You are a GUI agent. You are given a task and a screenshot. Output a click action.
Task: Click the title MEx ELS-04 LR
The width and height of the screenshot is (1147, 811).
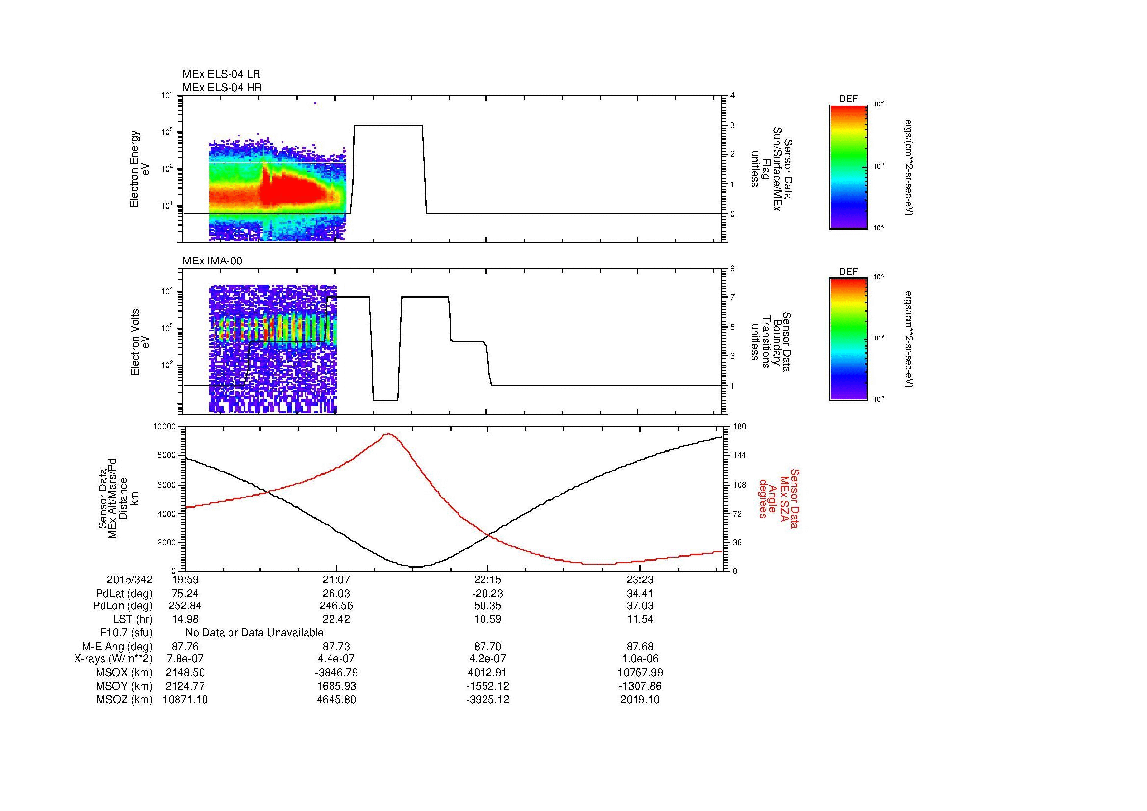click(221, 74)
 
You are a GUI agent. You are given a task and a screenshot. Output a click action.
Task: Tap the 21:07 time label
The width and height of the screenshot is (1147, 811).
click(336, 580)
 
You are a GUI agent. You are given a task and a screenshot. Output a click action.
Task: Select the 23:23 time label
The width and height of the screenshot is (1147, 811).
click(639, 580)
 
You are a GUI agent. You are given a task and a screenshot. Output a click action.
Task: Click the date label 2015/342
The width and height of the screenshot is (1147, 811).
click(129, 580)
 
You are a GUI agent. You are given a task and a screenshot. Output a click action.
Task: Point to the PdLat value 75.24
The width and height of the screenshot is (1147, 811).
click(185, 594)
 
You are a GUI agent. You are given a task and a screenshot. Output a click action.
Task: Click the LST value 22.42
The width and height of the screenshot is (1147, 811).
click(336, 619)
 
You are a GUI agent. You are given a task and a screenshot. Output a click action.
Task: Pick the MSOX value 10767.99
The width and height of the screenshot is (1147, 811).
click(640, 673)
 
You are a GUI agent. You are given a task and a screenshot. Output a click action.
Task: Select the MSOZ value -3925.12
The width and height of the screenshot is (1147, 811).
click(487, 700)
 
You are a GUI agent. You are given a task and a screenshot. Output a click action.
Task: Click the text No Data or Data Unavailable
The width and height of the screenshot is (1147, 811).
click(255, 633)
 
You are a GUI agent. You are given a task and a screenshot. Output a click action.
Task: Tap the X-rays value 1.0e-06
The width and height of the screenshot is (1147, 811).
click(640, 659)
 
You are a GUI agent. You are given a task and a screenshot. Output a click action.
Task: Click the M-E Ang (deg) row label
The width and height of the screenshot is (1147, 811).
click(117, 646)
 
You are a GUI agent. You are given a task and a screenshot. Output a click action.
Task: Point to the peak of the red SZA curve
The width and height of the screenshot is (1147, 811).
click(388, 434)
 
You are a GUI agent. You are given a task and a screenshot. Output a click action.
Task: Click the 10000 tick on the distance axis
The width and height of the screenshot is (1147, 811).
click(164, 427)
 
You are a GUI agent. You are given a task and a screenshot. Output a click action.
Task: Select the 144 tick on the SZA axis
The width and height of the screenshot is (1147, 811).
click(739, 455)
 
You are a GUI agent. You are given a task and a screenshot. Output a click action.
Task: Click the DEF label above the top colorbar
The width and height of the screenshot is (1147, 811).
click(848, 99)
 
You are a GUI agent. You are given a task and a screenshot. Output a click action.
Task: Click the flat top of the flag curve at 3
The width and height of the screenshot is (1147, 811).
click(388, 125)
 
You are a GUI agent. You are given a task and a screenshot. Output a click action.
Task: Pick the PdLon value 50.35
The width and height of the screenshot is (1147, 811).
click(487, 605)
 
